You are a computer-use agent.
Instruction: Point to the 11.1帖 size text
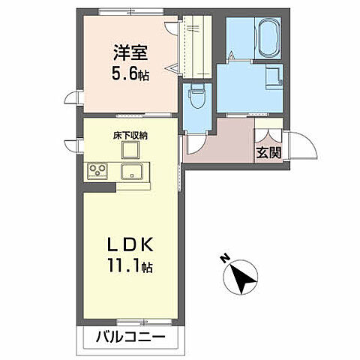point(130,266)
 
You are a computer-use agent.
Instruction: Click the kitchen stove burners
point(97,171)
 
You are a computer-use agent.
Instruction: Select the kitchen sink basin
point(132,171)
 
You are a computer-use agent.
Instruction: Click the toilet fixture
point(198,97)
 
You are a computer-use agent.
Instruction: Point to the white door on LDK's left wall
point(73,145)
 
